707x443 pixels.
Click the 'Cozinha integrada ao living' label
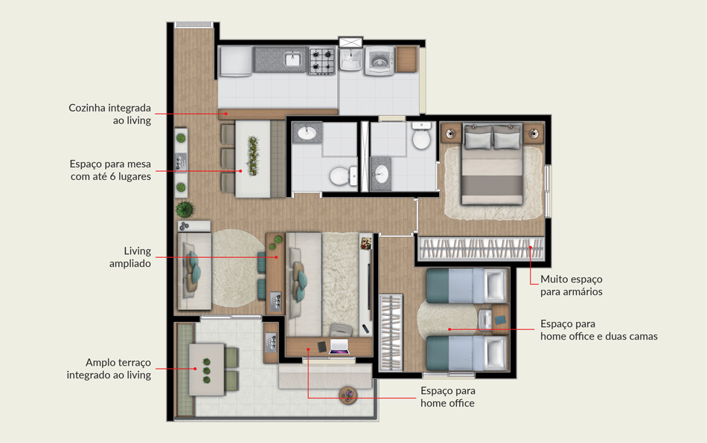click(109, 114)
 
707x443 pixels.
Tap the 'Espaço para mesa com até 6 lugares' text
click(110, 170)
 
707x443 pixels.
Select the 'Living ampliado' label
click(129, 257)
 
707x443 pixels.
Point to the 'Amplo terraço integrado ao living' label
click(109, 369)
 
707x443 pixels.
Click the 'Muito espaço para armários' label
click(572, 285)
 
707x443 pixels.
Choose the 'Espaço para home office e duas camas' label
click(599, 330)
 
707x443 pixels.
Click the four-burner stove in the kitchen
click(322, 60)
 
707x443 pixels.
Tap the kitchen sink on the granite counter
click(293, 59)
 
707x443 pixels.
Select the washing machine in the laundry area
click(379, 60)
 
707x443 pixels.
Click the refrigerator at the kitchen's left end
click(235, 61)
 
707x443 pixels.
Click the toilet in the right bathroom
click(421, 135)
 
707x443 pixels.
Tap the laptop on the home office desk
click(339, 346)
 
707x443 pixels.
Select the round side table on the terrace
click(348, 395)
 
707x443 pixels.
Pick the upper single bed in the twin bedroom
click(466, 286)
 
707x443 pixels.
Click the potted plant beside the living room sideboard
click(185, 210)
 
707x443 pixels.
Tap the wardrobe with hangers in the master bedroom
click(481, 248)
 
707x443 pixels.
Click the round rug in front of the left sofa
click(237, 268)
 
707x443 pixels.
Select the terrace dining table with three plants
click(206, 369)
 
